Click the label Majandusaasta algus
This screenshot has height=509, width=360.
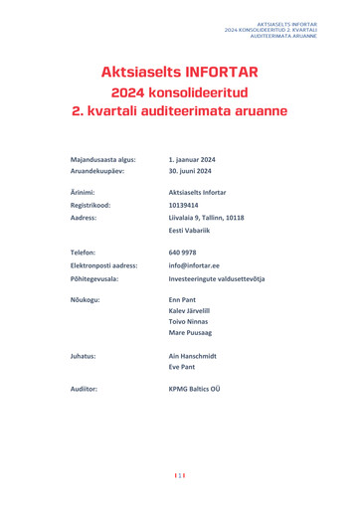(103, 159)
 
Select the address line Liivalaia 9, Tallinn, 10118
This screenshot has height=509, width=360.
(220, 217)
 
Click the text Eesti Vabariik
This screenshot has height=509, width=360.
(195, 230)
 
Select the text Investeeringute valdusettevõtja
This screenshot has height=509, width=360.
(231, 278)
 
